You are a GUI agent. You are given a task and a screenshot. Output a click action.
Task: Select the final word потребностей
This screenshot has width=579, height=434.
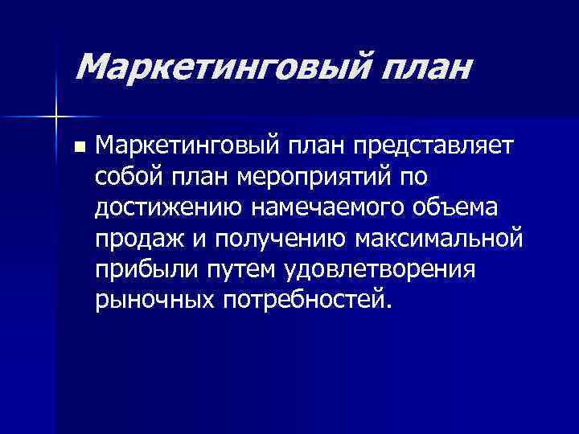point(309,300)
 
